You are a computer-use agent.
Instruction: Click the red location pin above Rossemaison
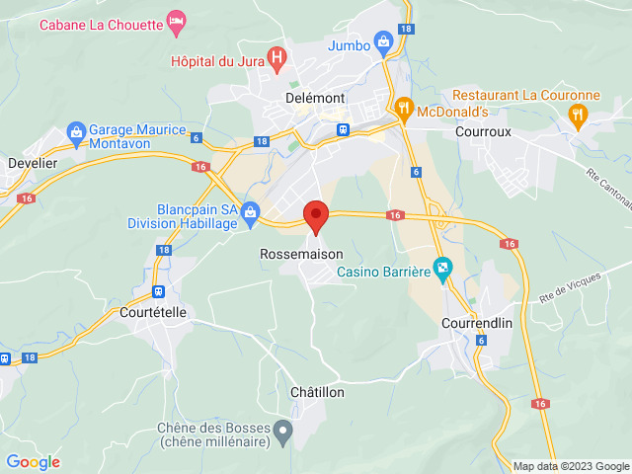[x=315, y=215]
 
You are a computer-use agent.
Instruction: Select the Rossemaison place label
[x=301, y=254]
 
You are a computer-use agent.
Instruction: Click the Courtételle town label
[x=152, y=312]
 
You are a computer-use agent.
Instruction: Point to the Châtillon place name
[x=317, y=392]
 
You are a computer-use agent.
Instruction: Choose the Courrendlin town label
[x=476, y=323]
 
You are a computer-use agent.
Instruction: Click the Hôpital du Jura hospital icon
[x=277, y=57]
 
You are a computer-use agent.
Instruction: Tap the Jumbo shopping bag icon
[x=384, y=43]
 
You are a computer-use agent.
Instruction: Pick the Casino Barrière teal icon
[x=443, y=267]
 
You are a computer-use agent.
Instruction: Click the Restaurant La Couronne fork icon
[x=578, y=116]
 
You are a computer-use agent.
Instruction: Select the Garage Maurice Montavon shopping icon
[x=75, y=131]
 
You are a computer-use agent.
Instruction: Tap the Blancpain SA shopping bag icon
[x=250, y=211]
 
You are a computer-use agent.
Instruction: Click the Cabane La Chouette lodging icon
[x=176, y=20]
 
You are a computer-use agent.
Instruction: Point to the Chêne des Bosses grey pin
[x=283, y=429]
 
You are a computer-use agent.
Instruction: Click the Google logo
[x=34, y=462]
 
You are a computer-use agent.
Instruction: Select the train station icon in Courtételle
[x=158, y=291]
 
